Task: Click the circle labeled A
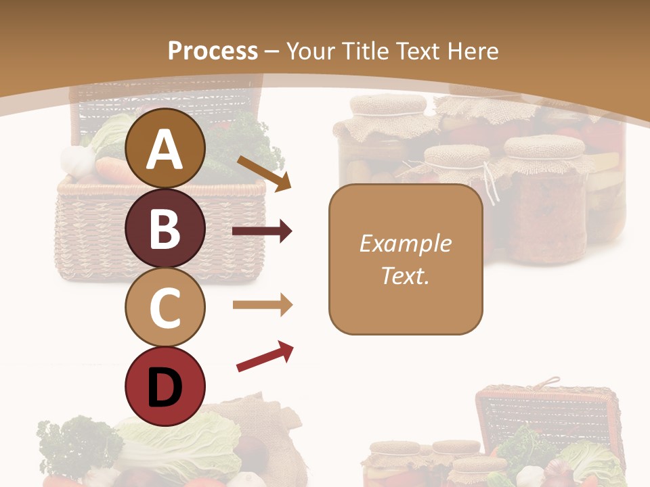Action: [x=165, y=149]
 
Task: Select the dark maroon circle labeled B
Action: [x=165, y=228]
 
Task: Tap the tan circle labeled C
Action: [x=165, y=307]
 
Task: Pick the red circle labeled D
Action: [x=165, y=386]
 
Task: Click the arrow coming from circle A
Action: [x=264, y=173]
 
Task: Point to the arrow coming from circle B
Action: [x=262, y=231]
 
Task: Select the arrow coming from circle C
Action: [x=262, y=305]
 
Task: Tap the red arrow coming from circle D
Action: [x=265, y=356]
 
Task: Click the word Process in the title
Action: [x=213, y=51]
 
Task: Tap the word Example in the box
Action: [x=405, y=243]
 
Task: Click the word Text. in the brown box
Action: [x=405, y=275]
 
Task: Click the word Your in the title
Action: [x=309, y=51]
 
